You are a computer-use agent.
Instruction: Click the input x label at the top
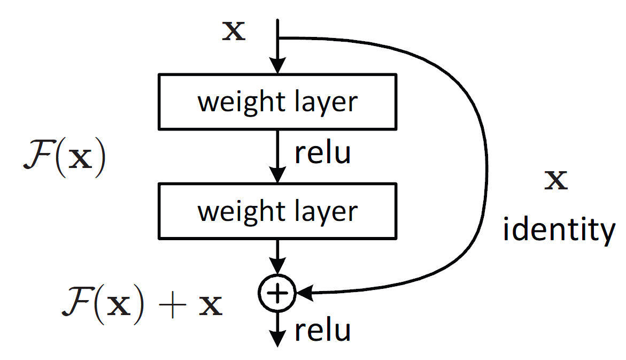234,32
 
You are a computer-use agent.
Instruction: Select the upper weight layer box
277,101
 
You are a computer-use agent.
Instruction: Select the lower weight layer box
277,211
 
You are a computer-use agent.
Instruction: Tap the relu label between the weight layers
322,154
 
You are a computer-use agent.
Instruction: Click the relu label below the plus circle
322,331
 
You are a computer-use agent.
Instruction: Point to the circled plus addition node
277,292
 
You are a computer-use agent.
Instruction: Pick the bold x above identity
556,181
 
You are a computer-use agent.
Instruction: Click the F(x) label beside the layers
64,159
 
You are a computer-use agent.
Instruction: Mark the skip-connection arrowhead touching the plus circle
303,293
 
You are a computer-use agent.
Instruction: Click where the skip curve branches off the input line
278,38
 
